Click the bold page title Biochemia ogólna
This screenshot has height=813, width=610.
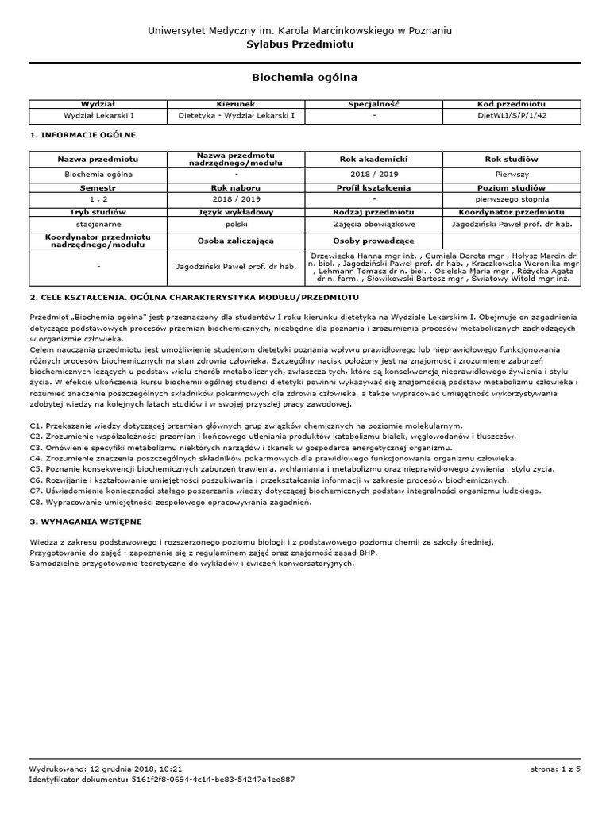coord(304,78)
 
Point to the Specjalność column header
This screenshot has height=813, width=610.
coord(373,104)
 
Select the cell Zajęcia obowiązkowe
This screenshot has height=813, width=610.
coord(373,225)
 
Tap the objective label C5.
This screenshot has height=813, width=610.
coord(36,469)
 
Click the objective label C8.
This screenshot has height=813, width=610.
coord(36,503)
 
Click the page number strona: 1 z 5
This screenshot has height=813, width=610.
coord(555,769)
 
